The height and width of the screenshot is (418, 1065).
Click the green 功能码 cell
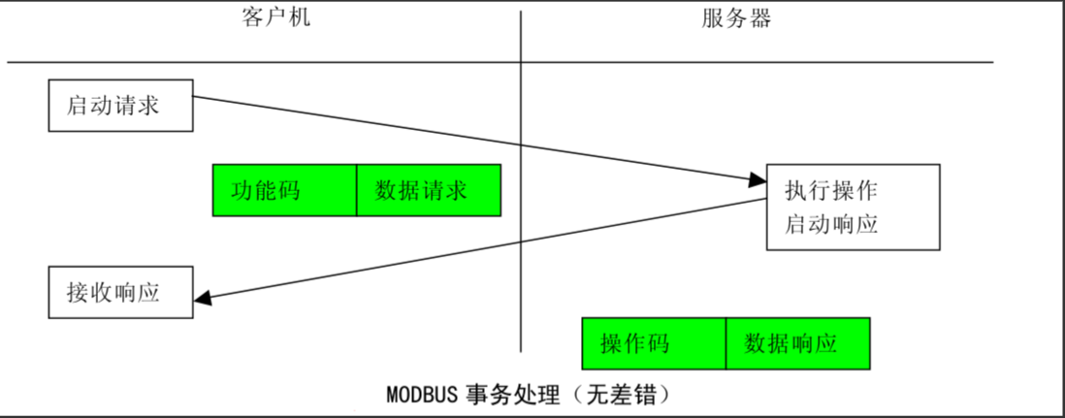pyautogui.click(x=284, y=190)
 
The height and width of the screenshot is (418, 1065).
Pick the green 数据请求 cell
pyautogui.click(x=429, y=190)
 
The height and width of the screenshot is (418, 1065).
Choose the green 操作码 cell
pyautogui.click(x=653, y=343)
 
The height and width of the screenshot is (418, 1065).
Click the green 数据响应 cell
pyautogui.click(x=797, y=343)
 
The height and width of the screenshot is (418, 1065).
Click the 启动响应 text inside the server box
pyautogui.click(x=830, y=224)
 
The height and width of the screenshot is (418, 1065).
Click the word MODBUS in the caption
pyautogui.click(x=418, y=396)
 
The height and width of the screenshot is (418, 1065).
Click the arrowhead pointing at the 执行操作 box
pyautogui.click(x=758, y=179)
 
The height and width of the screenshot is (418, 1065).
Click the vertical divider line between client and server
pyautogui.click(x=521, y=242)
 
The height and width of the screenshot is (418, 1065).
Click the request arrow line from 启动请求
pyautogui.click(x=436, y=133)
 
